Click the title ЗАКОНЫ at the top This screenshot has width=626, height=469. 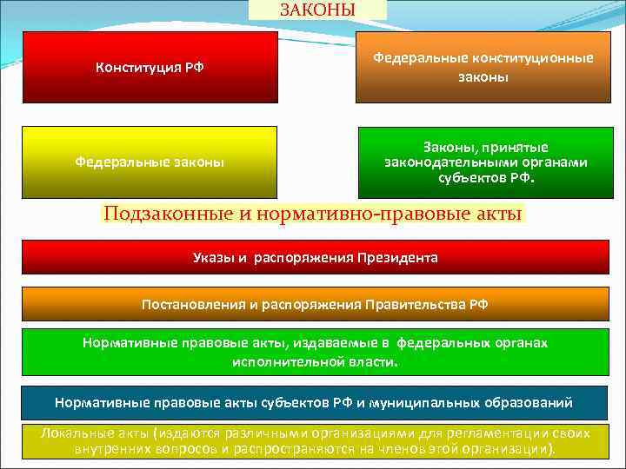317,10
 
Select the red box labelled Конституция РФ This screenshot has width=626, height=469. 150,68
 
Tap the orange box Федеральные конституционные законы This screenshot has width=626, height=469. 483,68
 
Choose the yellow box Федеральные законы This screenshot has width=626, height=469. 150,162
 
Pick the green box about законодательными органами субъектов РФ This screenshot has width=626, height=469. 485,162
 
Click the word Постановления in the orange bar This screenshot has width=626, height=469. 189,304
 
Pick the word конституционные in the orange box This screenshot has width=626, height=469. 533,58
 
